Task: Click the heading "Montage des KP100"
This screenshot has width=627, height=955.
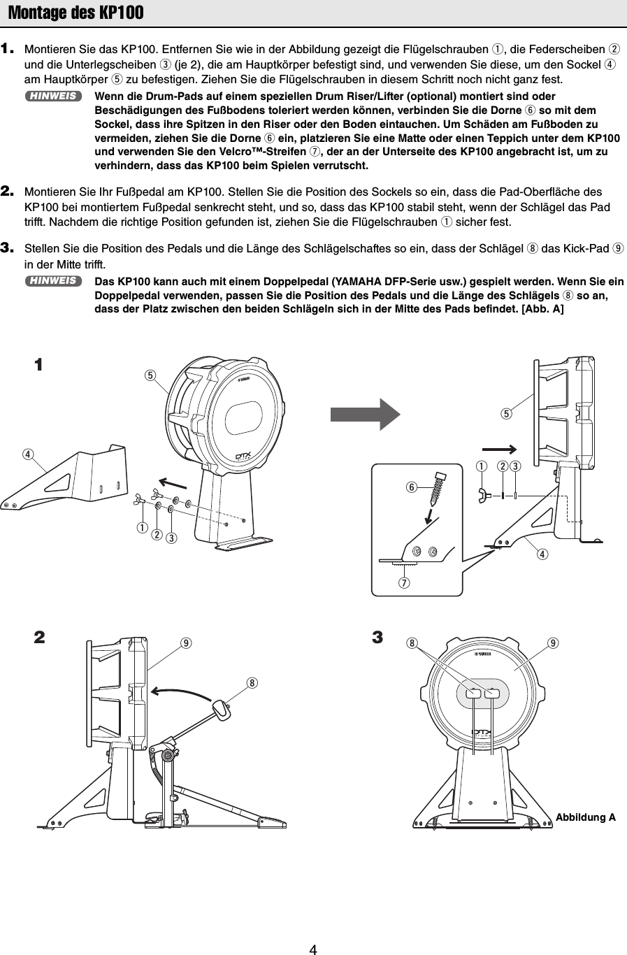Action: tap(75, 13)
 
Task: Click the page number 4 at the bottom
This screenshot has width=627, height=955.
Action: tap(314, 949)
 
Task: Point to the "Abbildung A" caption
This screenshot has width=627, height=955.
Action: tap(585, 817)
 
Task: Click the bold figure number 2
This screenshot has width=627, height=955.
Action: tap(39, 638)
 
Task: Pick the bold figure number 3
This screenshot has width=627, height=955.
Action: tap(377, 638)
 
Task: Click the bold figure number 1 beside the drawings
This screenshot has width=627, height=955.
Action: tap(39, 364)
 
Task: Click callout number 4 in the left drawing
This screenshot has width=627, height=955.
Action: tap(27, 454)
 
